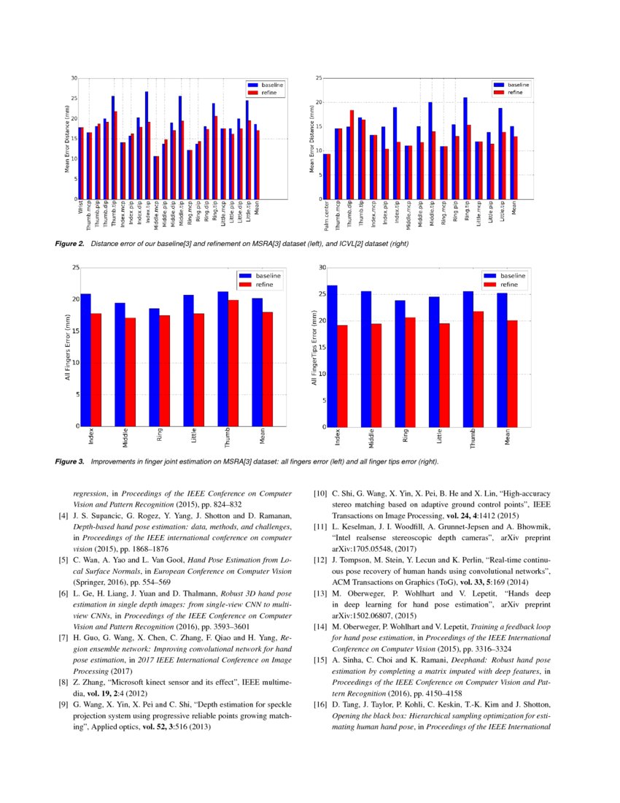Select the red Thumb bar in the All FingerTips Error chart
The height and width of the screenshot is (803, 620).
point(478,369)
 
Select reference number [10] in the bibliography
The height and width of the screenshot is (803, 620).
point(319,494)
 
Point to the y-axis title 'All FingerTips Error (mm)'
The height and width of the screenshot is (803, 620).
point(314,347)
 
